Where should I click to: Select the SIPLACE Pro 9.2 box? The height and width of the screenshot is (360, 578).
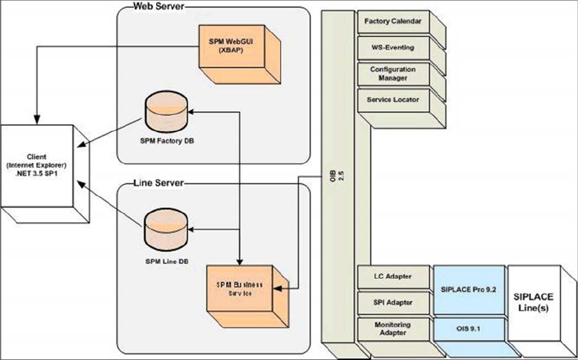coord(468,289)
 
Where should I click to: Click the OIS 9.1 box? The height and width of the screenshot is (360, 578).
coord(468,329)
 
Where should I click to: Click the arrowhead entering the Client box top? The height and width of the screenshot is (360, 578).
coord(36,120)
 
